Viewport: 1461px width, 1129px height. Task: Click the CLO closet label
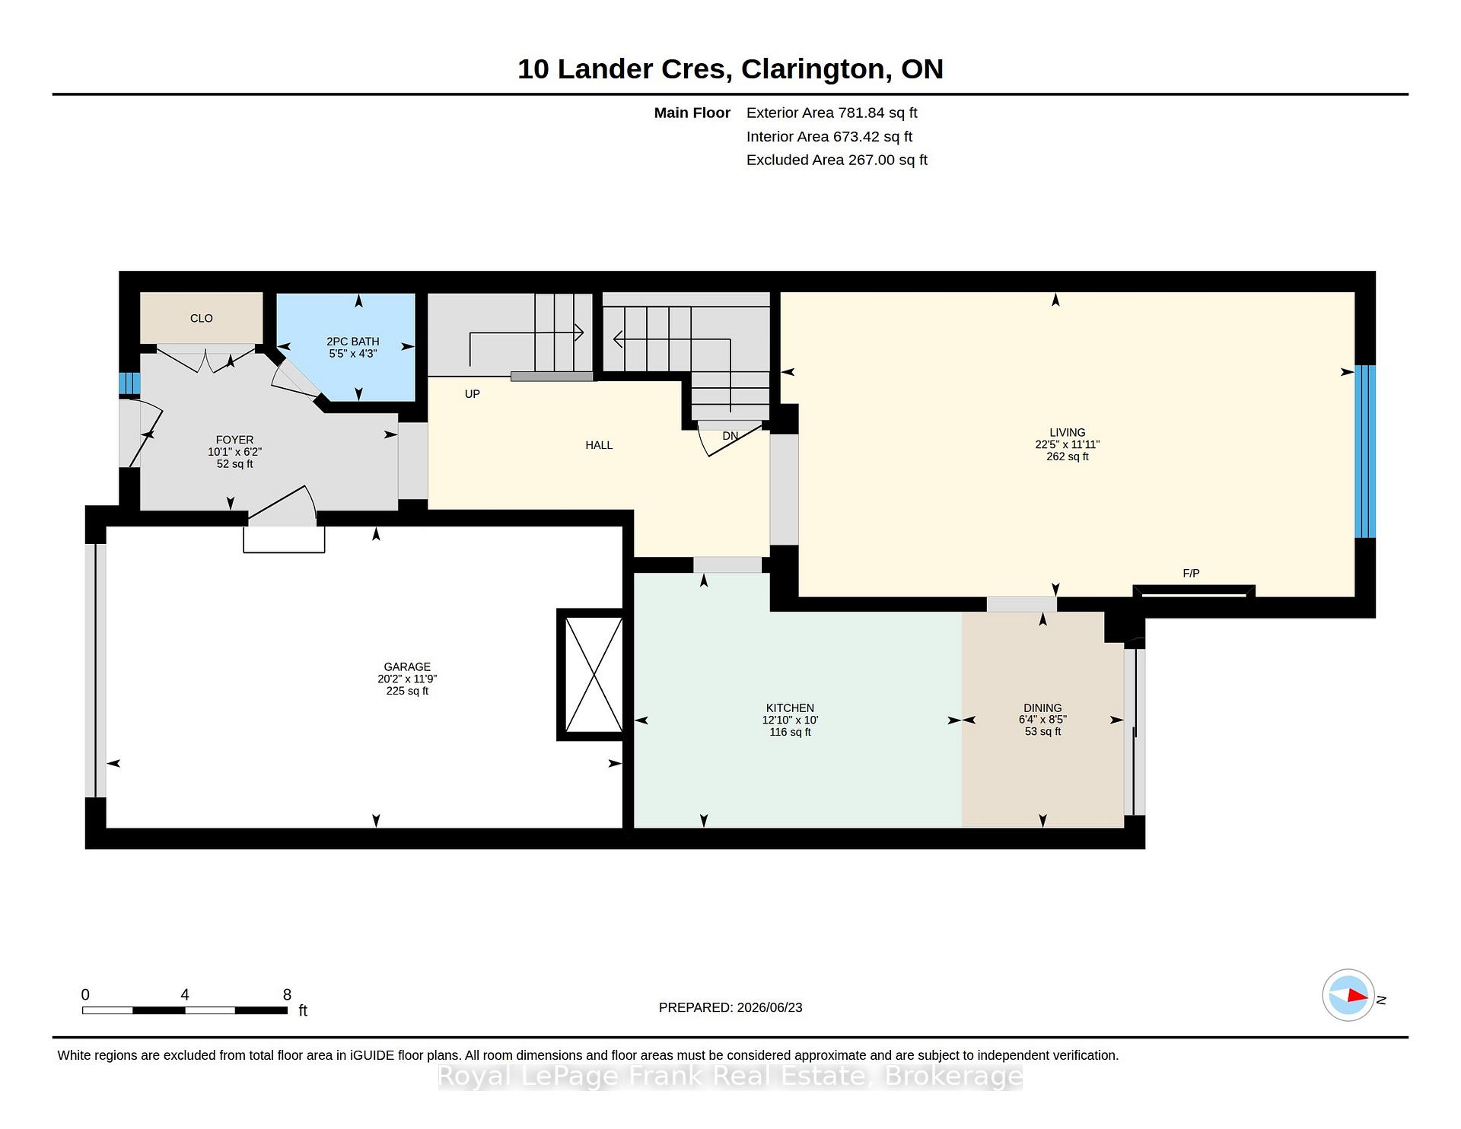click(x=201, y=318)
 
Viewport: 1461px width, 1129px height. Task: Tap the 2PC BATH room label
click(x=352, y=342)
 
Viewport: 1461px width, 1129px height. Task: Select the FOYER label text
click(x=234, y=440)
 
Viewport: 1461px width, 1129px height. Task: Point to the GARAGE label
click(x=407, y=666)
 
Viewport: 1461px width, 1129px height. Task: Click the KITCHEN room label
click(x=790, y=708)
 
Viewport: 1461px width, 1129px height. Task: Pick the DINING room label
click(x=1042, y=708)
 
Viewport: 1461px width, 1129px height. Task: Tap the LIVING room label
click(x=1067, y=432)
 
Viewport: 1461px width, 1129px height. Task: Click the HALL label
click(x=599, y=445)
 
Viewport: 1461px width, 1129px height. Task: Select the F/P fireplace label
click(x=1191, y=573)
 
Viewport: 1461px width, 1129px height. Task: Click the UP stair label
click(x=472, y=394)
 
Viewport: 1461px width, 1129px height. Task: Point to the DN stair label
click(x=730, y=436)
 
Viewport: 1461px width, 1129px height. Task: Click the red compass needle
click(x=1357, y=995)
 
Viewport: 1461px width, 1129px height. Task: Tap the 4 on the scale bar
click(x=185, y=994)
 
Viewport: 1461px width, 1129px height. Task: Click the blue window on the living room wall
click(x=1365, y=451)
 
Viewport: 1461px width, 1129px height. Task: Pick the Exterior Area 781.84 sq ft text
click(x=832, y=113)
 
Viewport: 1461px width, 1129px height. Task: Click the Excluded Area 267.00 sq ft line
click(x=837, y=160)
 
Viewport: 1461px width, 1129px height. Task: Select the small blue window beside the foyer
click(x=129, y=383)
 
